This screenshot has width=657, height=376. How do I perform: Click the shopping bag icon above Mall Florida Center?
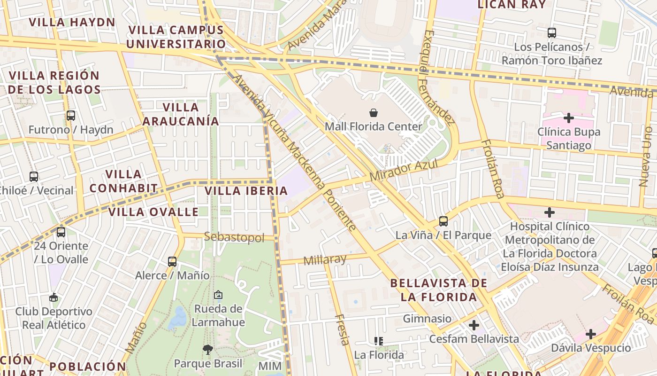pyautogui.click(x=373, y=113)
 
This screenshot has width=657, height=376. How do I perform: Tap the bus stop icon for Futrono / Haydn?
pyautogui.click(x=71, y=115)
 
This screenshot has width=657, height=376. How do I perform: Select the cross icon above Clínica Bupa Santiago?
pyautogui.click(x=569, y=117)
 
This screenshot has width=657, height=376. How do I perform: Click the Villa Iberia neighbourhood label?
pyautogui.click(x=246, y=191)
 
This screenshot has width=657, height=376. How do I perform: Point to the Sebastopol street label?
pyautogui.click(x=234, y=237)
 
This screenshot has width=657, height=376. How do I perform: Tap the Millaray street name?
pyautogui.click(x=325, y=259)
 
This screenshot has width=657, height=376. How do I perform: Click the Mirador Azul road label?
pyautogui.click(x=404, y=170)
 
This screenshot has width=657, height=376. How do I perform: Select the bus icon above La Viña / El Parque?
pyautogui.click(x=443, y=221)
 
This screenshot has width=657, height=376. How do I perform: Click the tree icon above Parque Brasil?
pyautogui.click(x=207, y=349)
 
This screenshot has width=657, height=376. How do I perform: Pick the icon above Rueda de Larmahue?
pyautogui.click(x=218, y=295)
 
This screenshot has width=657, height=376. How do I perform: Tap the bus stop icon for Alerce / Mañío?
pyautogui.click(x=172, y=261)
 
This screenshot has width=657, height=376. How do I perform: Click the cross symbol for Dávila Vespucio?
pyautogui.click(x=591, y=334)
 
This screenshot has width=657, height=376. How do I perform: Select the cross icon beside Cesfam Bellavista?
pyautogui.click(x=474, y=325)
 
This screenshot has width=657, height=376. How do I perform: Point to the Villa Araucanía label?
pyautogui.click(x=181, y=114)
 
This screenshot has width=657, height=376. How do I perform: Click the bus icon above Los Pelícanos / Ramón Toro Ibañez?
pyautogui.click(x=552, y=33)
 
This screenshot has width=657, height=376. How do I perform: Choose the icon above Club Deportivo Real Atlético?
pyautogui.click(x=53, y=297)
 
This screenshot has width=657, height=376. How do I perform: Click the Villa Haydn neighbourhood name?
pyautogui.click(x=72, y=22)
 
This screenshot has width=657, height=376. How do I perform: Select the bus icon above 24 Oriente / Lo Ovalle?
pyautogui.click(x=61, y=232)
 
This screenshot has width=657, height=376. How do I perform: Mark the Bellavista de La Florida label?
pyautogui.click(x=438, y=290)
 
